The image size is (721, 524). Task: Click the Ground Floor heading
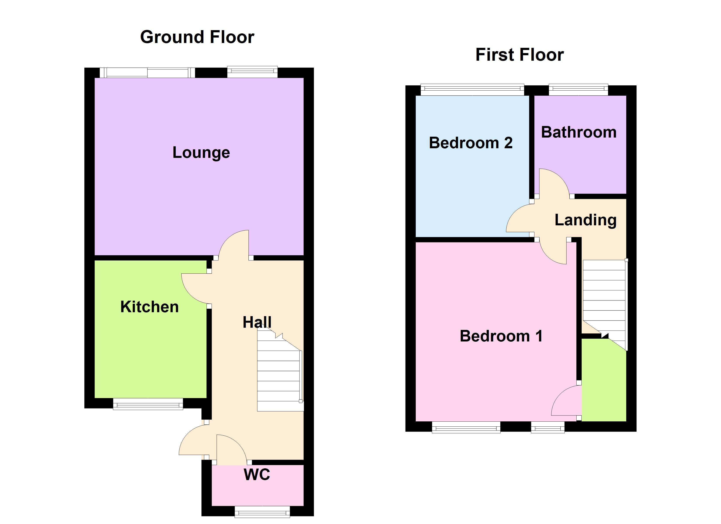click(x=197, y=37)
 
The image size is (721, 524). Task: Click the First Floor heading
click(x=520, y=55)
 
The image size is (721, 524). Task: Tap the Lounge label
click(x=201, y=153)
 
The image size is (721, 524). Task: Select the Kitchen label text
click(x=149, y=307)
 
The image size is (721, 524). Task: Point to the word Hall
click(x=257, y=322)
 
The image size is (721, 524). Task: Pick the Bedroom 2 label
click(x=470, y=143)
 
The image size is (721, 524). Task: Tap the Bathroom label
click(x=579, y=132)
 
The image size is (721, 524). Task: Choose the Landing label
click(x=586, y=220)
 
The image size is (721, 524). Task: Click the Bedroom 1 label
click(x=501, y=336)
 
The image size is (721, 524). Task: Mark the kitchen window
click(x=148, y=404)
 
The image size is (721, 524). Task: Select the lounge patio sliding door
click(x=147, y=72)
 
